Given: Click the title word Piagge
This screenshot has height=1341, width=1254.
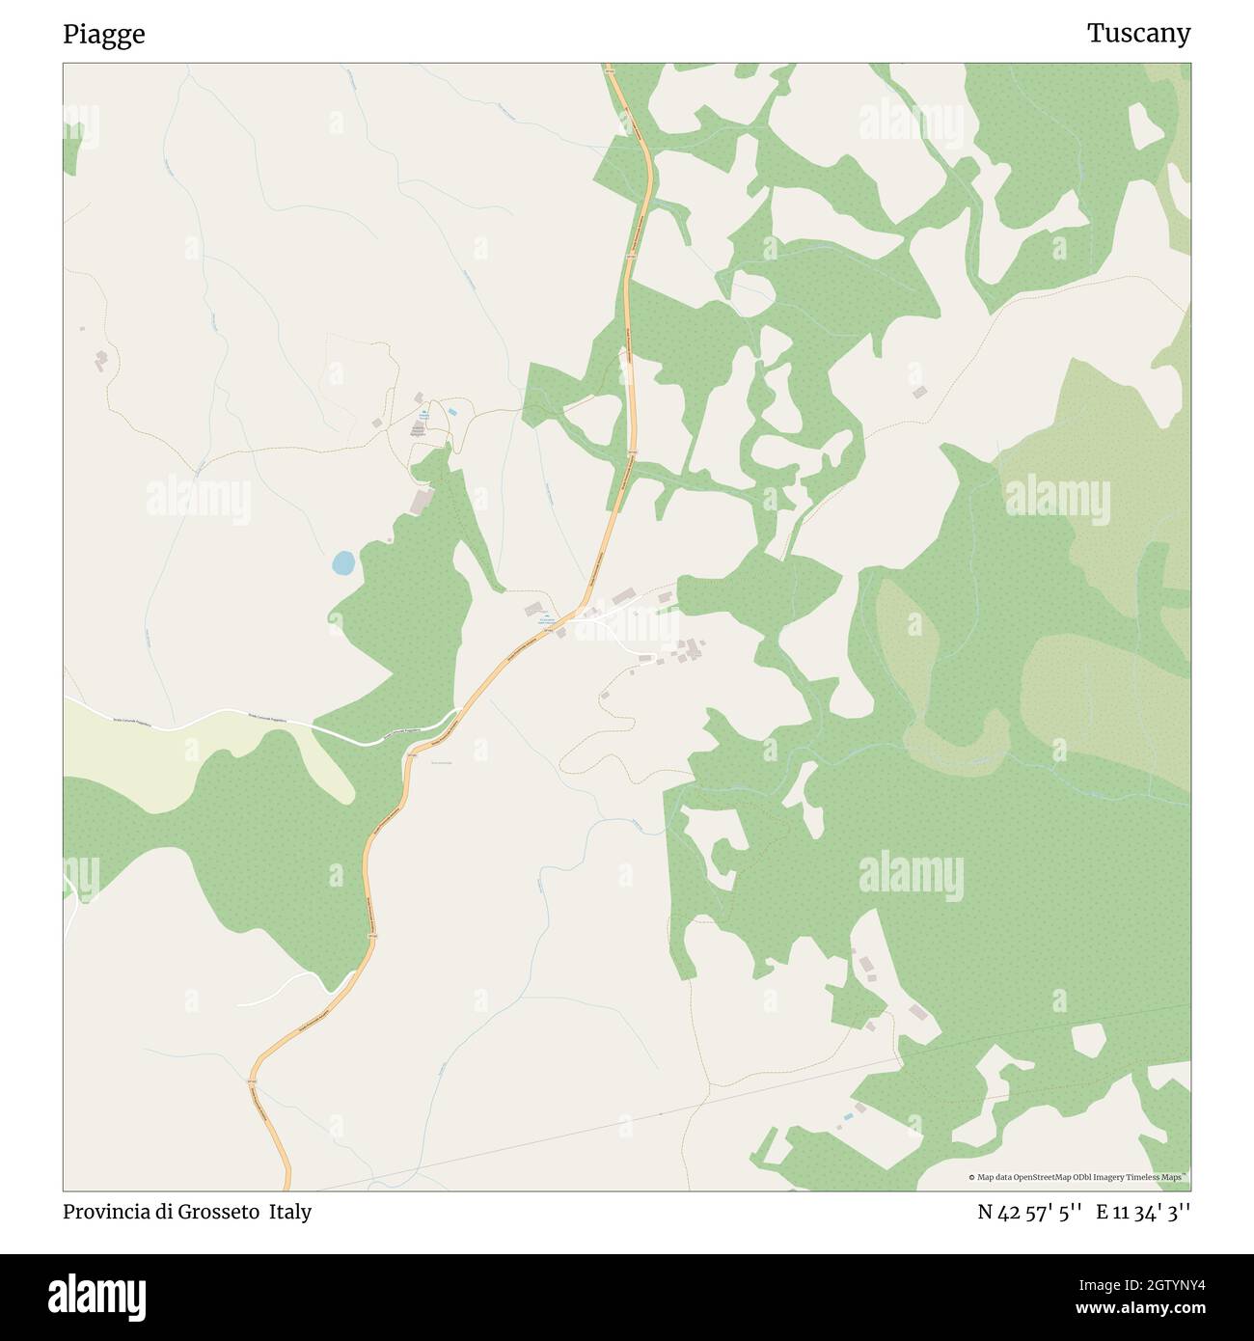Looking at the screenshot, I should (104, 35).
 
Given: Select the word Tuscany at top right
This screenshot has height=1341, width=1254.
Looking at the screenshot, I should (1138, 34).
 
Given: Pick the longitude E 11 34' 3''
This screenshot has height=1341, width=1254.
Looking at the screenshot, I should (1143, 1212).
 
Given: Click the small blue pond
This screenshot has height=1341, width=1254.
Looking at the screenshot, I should (342, 562).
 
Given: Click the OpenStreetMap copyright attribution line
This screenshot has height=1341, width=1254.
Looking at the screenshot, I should (1078, 1177).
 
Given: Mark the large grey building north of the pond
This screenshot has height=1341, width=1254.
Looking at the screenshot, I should (421, 502).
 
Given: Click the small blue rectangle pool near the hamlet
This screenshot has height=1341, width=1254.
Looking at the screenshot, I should (452, 413).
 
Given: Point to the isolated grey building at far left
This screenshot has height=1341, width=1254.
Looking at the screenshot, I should (100, 361).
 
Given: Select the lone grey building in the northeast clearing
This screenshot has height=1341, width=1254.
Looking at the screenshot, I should (919, 392).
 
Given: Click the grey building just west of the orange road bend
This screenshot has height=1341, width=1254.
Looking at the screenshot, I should (533, 609).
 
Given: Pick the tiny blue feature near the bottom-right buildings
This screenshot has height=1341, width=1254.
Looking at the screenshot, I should (848, 1116).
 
